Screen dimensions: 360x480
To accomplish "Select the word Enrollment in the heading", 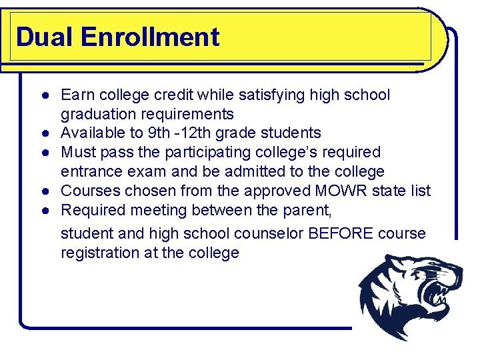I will tap(150, 37).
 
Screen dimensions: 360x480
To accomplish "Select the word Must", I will tap(77, 153).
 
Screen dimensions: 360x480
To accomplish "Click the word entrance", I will tap(90, 171).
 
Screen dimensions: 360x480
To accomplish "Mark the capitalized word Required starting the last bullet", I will tap(94, 210).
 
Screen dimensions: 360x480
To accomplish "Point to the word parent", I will tap(307, 210).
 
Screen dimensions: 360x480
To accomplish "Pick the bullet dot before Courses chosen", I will tap(42, 191).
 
